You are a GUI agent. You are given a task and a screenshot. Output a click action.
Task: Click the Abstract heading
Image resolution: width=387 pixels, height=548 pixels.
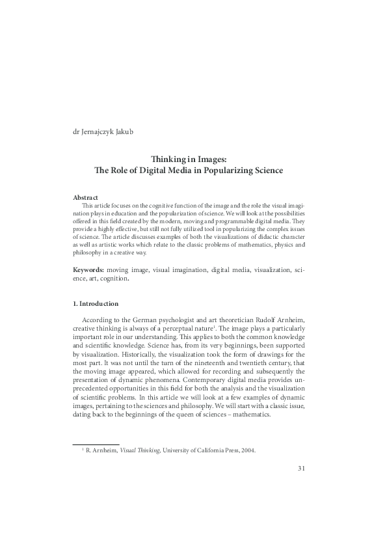pos(85,197)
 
